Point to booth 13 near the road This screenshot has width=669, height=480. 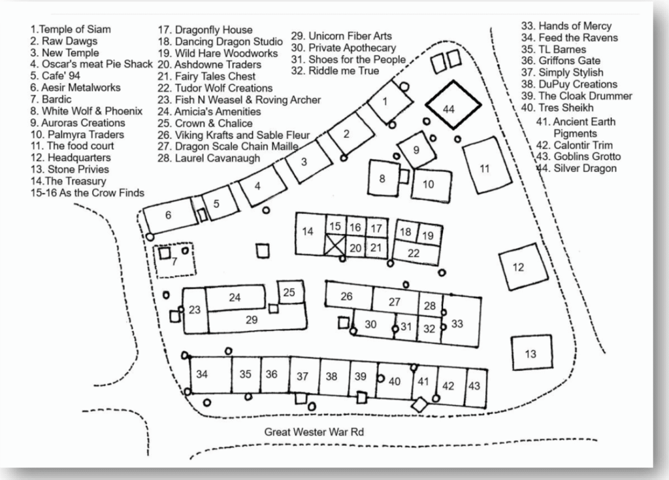[x=530, y=354]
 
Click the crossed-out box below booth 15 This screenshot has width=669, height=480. [x=335, y=247]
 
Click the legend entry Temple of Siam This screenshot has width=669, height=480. [x=71, y=29]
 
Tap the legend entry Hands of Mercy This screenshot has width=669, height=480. [x=574, y=26]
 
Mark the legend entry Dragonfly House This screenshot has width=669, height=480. [x=204, y=29]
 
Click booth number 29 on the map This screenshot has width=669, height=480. [x=252, y=319]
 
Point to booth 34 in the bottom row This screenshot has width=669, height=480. [x=202, y=375]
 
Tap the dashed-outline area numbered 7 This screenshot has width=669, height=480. [x=174, y=262]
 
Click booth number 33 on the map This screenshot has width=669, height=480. [x=457, y=323]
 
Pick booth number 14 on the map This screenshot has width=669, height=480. [x=308, y=231]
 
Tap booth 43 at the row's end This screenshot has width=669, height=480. [x=474, y=386]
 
